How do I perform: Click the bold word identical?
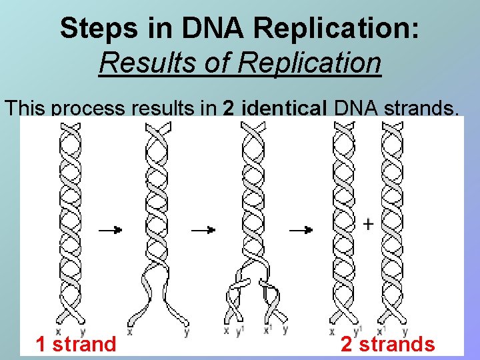click(x=283, y=108)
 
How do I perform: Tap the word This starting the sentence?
click(x=25, y=108)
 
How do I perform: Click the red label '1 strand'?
click(x=75, y=344)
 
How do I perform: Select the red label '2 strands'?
click(x=387, y=344)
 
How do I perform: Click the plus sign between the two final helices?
click(x=367, y=225)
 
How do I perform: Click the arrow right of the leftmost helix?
click(x=111, y=230)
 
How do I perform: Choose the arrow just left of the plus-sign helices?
click(x=300, y=230)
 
